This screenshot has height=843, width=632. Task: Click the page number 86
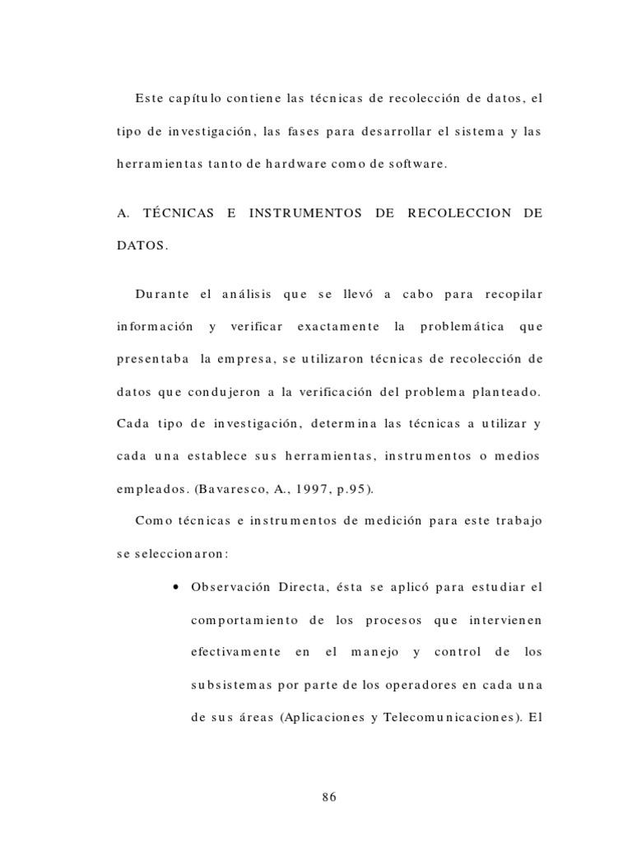click(329, 796)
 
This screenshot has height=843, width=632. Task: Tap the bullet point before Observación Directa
click(178, 587)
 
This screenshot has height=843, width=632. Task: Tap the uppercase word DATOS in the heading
click(141, 245)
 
